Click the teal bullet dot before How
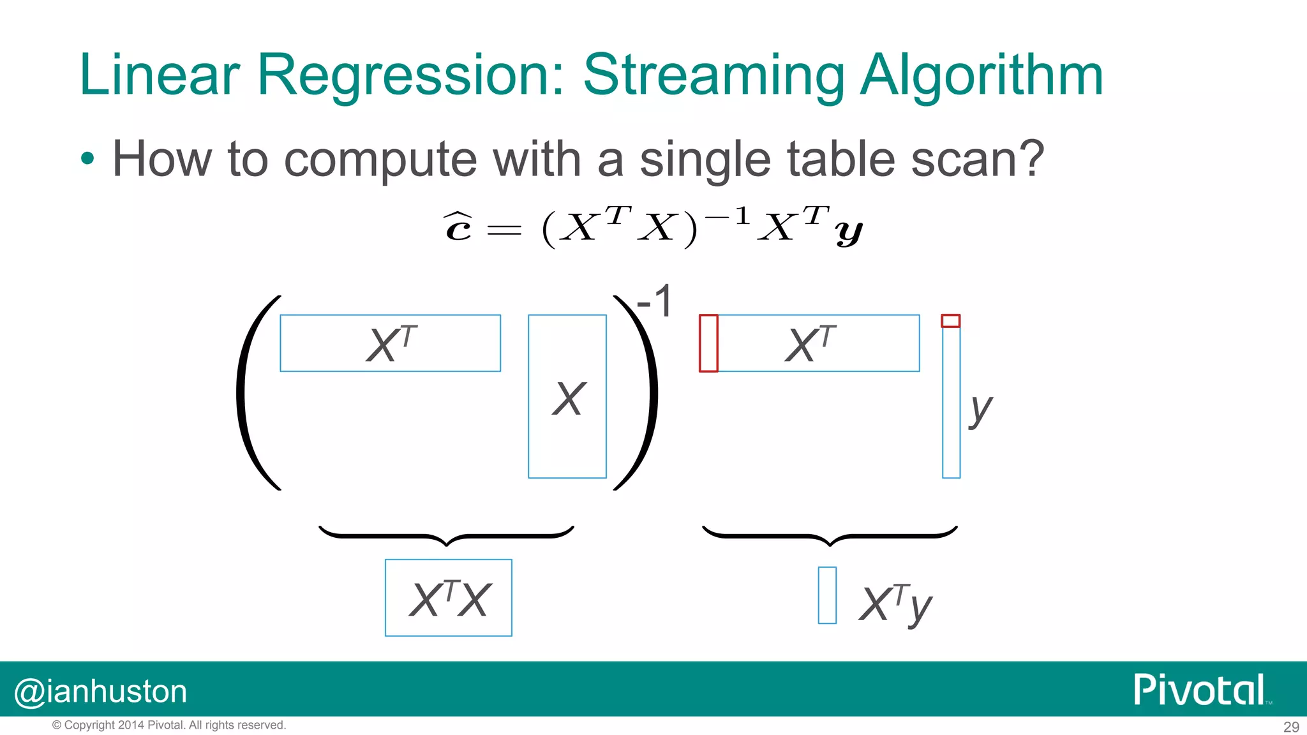click(88, 159)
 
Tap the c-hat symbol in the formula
click(458, 228)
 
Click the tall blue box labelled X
click(567, 396)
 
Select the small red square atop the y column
click(950, 321)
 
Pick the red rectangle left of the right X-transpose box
click(708, 343)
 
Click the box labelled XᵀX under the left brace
click(448, 598)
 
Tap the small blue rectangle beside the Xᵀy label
click(827, 595)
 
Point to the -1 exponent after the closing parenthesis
click(655, 302)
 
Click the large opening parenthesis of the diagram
click(255, 393)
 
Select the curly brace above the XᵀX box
click(446, 535)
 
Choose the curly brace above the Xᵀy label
click(830, 535)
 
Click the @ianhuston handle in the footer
click(101, 692)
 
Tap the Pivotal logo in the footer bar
click(1200, 690)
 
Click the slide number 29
click(1291, 727)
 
